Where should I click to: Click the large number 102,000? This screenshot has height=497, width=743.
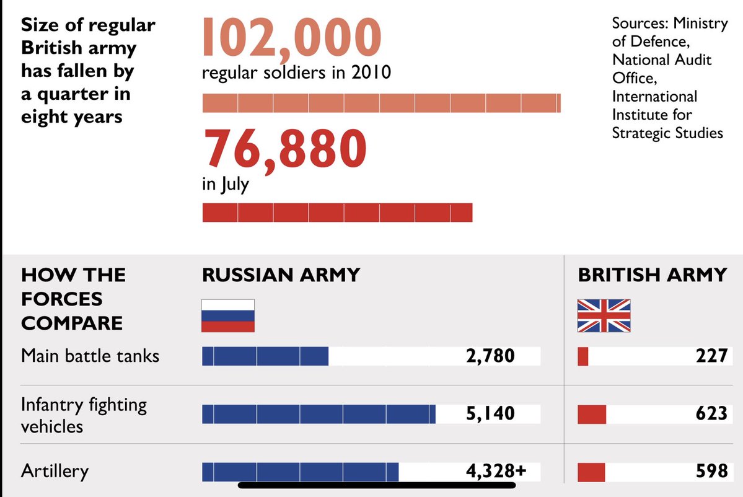coord(291,37)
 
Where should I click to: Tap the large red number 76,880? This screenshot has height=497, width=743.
coord(285,149)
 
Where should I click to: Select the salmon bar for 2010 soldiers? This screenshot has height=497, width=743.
coord(381,103)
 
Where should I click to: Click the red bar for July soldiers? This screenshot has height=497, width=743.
coord(337,213)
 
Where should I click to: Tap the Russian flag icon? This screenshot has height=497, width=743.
coord(228,315)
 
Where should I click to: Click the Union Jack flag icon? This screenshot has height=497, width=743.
coord(604,315)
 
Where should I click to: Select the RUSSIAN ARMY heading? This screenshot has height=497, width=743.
coord(281,275)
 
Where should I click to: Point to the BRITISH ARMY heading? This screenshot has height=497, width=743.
coord(652,275)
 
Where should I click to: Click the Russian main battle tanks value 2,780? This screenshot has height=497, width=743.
coord(490,356)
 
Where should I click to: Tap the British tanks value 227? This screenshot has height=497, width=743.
coord(711,356)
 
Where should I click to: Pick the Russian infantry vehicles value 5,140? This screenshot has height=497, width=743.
coord(490,413)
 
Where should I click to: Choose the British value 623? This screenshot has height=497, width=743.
coord(711,413)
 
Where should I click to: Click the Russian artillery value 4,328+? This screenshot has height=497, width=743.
coord(496,471)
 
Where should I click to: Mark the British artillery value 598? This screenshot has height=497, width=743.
coord(711,471)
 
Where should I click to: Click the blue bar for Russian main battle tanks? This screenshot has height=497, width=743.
coord(265,356)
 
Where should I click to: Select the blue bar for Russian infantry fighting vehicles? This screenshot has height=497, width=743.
coord(319,414)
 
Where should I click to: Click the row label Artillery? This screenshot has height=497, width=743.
coord(55,471)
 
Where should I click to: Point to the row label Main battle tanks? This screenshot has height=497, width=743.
coord(90,356)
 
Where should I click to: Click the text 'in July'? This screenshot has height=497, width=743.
coord(226,185)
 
